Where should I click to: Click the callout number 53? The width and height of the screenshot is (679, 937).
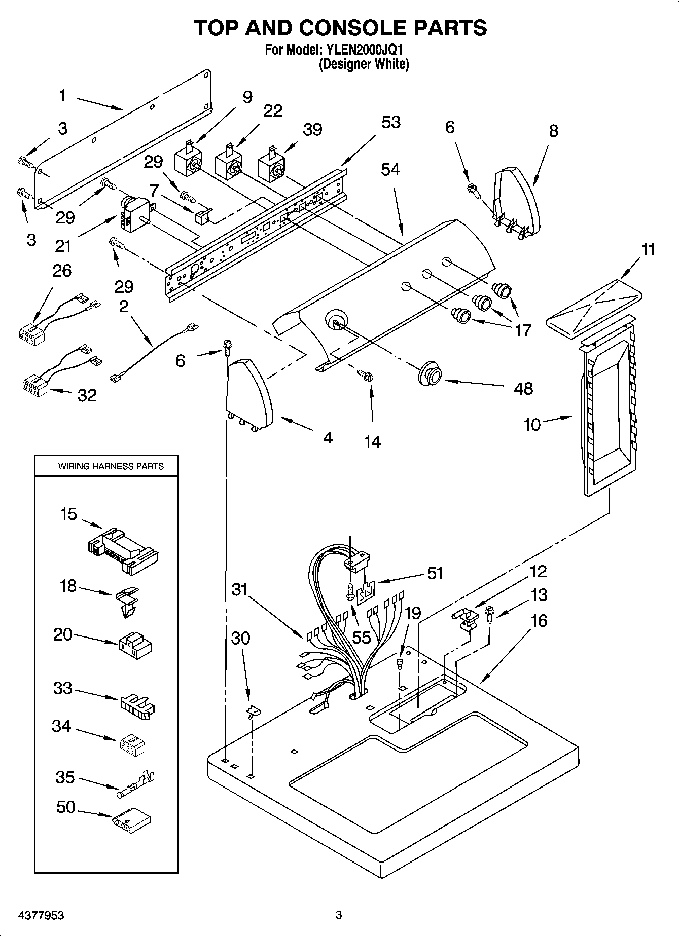pyautogui.click(x=390, y=122)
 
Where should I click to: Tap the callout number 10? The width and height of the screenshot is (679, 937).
pyautogui.click(x=532, y=425)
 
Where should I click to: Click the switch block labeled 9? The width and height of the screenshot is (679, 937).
pyautogui.click(x=187, y=163)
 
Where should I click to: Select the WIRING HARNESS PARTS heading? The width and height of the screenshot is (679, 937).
pyautogui.click(x=111, y=466)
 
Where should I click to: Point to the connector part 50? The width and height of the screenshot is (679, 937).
pyautogui.click(x=131, y=819)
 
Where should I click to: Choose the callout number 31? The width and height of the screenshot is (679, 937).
pyautogui.click(x=239, y=589)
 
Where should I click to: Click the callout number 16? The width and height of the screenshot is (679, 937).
pyautogui.click(x=539, y=620)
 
